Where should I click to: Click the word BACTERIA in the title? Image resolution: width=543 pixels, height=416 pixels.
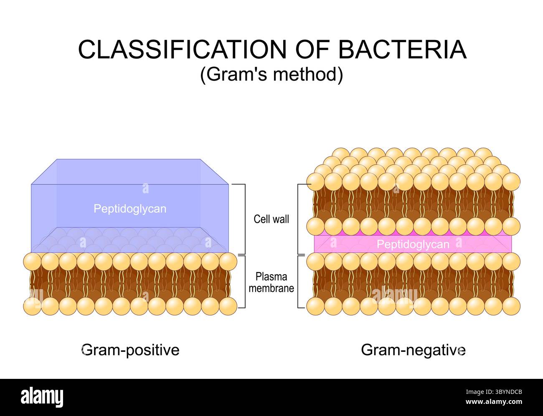[402, 50]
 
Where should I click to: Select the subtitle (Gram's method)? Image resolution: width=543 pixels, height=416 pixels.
[271, 75]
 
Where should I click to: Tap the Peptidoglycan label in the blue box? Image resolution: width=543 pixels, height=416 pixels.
[129, 209]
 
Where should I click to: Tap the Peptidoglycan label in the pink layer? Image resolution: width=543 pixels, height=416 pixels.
[413, 244]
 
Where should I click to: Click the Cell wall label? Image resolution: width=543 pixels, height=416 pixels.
[271, 219]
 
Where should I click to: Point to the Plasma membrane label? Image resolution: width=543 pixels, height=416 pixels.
[271, 282]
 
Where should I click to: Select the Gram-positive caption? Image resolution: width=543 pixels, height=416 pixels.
[130, 350]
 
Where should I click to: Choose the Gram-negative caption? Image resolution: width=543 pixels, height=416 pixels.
[413, 350]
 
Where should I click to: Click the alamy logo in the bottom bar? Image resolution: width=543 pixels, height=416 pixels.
[42, 397]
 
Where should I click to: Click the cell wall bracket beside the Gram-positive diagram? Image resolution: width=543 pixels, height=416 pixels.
[242, 219]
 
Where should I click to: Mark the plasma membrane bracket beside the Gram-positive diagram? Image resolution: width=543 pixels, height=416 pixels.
[242, 282]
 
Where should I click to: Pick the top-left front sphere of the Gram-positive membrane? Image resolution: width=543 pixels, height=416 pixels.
[32, 262]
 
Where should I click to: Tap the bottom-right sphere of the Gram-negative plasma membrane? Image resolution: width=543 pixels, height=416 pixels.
[511, 306]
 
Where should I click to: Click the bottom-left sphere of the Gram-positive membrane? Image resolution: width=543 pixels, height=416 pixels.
[32, 306]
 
